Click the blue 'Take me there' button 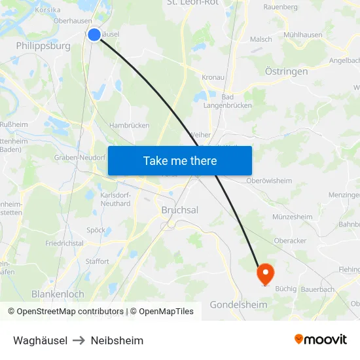[180, 161]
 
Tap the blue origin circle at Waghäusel [94, 35]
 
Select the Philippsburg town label [43, 47]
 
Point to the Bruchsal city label [180, 211]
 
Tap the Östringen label [286, 71]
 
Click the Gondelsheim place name [238, 305]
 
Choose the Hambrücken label [129, 125]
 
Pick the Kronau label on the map [213, 77]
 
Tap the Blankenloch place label [58, 295]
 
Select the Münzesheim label [292, 217]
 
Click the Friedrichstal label [64, 243]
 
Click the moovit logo [320, 340]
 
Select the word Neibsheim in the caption [117, 340]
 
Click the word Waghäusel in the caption [40, 340]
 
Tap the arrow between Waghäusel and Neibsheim [79, 340]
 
